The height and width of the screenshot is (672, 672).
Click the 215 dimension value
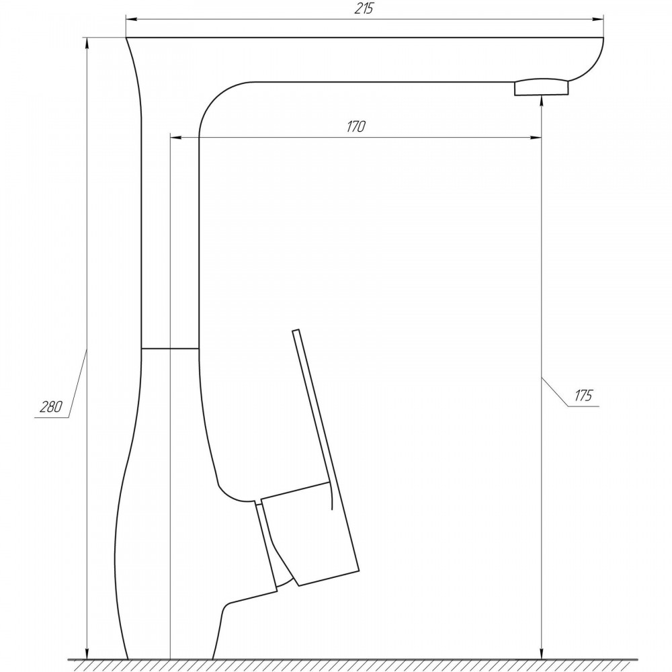click(364, 9)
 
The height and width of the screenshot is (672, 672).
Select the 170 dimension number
click(356, 127)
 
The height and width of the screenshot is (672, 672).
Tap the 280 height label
click(51, 407)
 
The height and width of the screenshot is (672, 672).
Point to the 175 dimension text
click(583, 395)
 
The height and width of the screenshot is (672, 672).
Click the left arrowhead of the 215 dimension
click(131, 19)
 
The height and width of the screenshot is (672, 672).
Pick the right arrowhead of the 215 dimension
click(598, 19)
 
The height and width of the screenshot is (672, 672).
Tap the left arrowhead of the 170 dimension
click(175, 137)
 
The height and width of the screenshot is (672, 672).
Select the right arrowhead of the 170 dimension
click(536, 137)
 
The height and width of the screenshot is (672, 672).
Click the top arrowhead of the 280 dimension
click(87, 43)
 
